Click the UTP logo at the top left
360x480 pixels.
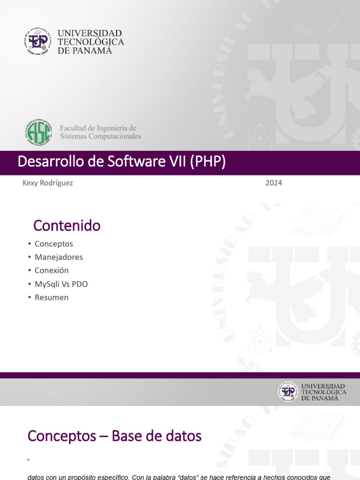click(36, 41)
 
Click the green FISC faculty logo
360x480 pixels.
click(38, 132)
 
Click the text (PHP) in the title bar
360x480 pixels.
click(208, 162)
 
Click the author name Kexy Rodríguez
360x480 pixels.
click(48, 183)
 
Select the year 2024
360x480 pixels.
click(274, 183)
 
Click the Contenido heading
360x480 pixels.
click(67, 226)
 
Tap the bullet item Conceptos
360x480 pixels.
click(53, 244)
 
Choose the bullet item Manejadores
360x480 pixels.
click(59, 257)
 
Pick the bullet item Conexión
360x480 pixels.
click(52, 270)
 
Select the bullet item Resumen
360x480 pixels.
click(52, 297)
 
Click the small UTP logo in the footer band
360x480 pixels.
click(288, 391)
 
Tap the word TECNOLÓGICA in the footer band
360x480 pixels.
click(324, 392)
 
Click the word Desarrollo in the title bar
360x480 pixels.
click(45, 162)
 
